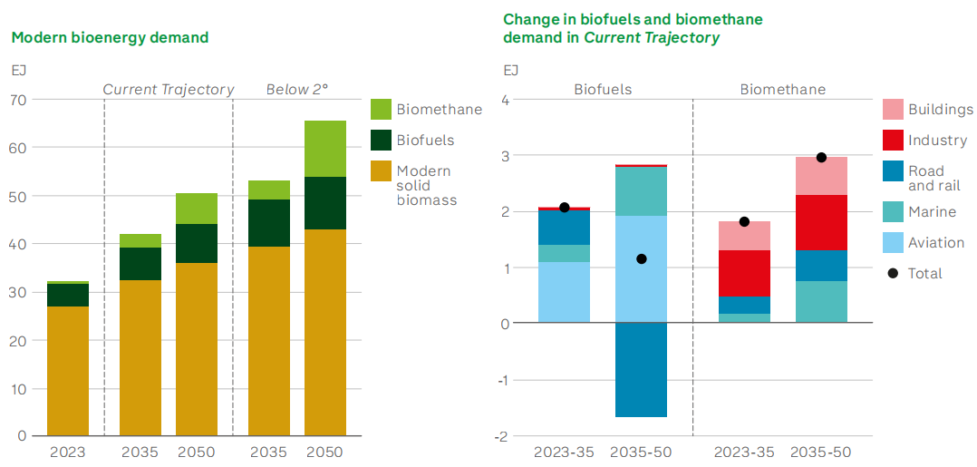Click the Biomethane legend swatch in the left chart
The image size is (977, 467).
tap(382, 110)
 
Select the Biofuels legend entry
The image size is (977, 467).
tap(425, 140)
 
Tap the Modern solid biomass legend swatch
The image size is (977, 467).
tap(382, 170)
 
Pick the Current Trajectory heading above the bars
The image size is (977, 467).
tap(168, 90)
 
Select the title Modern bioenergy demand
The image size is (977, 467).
tap(110, 38)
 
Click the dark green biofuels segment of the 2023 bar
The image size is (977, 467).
tap(68, 295)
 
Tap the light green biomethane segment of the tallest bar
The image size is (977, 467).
tap(325, 149)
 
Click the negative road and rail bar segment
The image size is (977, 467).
tap(642, 370)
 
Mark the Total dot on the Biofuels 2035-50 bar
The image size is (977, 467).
tap(642, 259)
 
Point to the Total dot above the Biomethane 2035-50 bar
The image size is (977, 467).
tap(821, 158)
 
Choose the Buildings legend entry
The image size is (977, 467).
tap(940, 110)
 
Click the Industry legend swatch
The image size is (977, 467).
tap(893, 141)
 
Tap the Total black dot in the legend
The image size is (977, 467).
tap(893, 273)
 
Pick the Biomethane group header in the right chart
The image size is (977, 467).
tap(783, 90)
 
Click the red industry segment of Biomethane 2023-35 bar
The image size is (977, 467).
tap(744, 273)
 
